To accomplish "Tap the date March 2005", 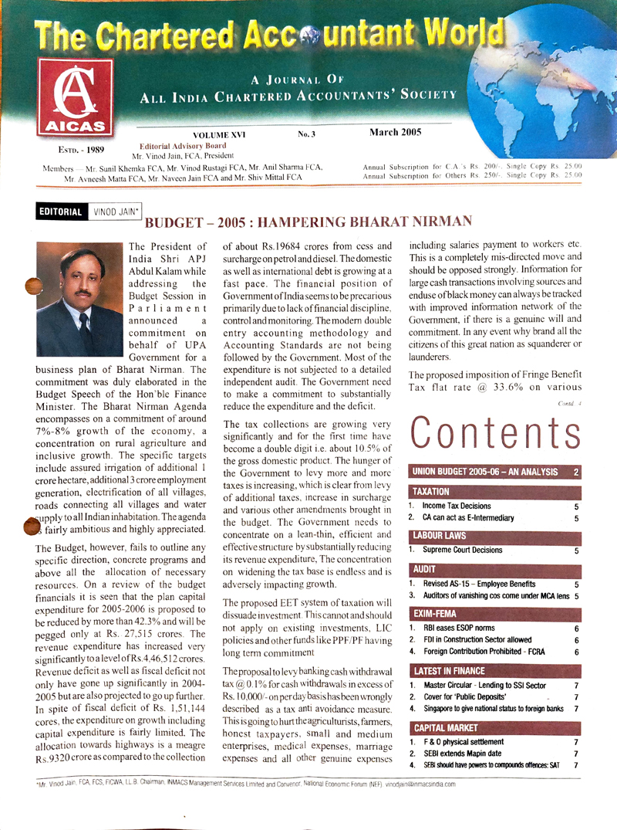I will [x=395, y=132].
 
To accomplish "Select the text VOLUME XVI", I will [x=217, y=134].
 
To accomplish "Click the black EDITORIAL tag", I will [x=57, y=211].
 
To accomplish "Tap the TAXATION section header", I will [x=431, y=491].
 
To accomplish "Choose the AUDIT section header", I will [x=424, y=567].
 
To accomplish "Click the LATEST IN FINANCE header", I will [x=450, y=670].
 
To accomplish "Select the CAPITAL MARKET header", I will [x=445, y=727].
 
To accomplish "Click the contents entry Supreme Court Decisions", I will [x=467, y=551].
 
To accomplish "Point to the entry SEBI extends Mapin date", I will [x=467, y=753].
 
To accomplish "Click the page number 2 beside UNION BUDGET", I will [x=575, y=471].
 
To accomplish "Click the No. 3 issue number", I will [x=307, y=134].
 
